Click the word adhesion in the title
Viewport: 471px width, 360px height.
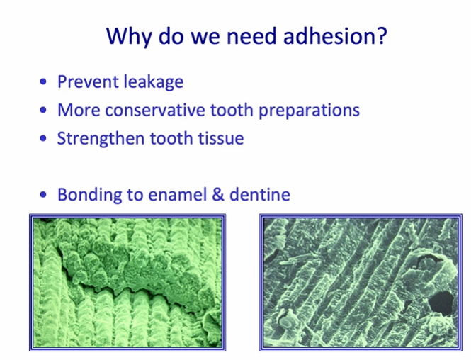[x=329, y=35]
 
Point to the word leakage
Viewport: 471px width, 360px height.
[x=153, y=82]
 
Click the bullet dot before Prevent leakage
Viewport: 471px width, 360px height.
[x=45, y=82]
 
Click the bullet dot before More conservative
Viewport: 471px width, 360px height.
[x=45, y=111]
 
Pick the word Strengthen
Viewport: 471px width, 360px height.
[x=100, y=138]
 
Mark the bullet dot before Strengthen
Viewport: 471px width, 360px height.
[x=45, y=138]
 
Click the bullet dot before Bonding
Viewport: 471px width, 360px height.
[x=45, y=194]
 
